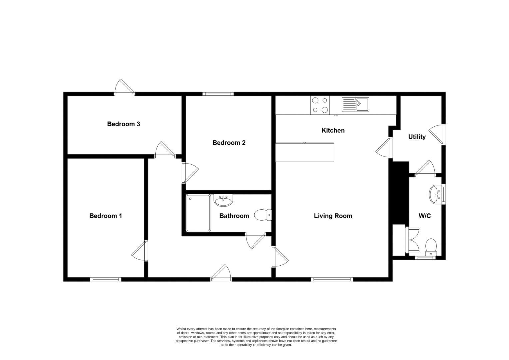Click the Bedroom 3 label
123,124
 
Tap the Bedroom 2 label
229,143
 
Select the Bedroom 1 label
105,216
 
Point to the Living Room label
333,216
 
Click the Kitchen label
333,130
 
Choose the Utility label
417,137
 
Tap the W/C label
424,216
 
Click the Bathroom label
234,216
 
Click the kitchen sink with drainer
355,105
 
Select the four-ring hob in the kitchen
320,105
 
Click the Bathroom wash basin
223,200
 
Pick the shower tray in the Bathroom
198,213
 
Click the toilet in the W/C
431,246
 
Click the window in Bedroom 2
218,94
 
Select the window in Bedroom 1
105,279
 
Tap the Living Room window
332,279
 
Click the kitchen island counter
305,152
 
